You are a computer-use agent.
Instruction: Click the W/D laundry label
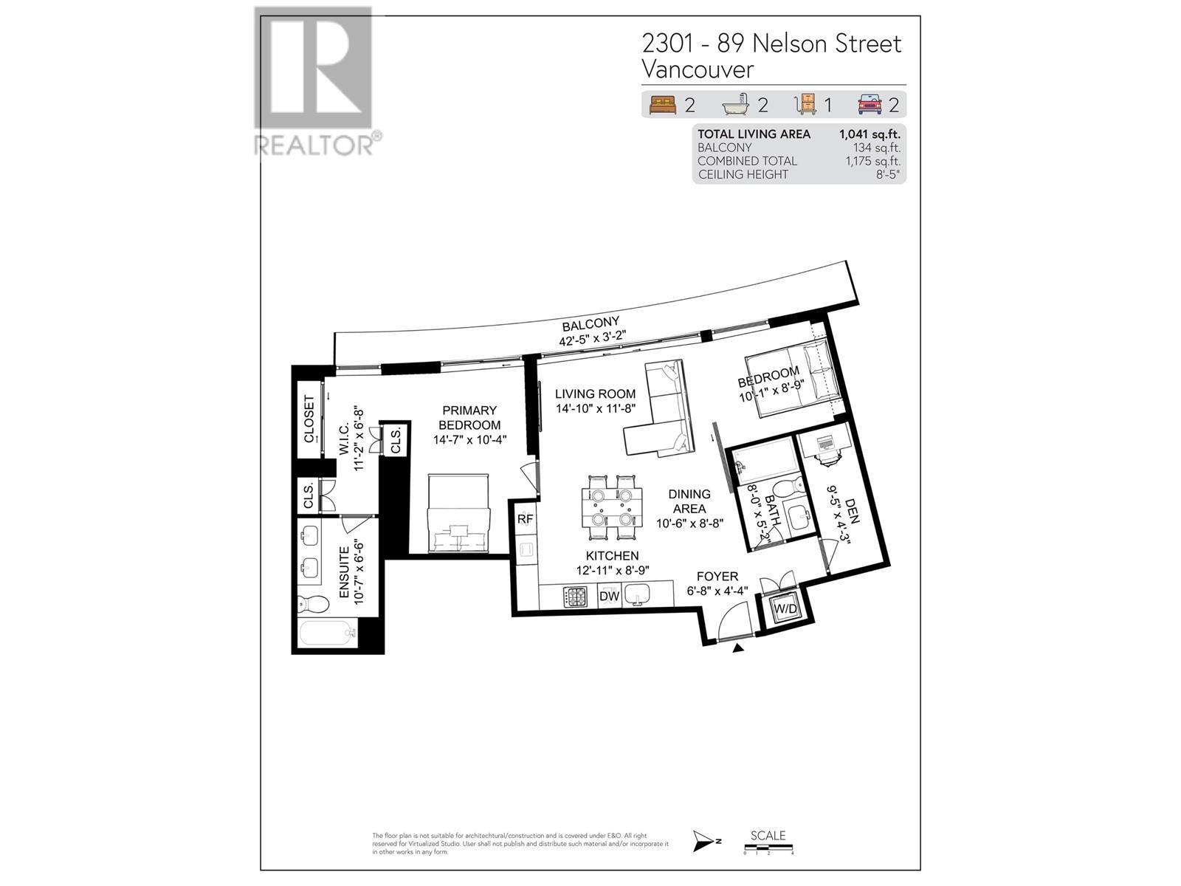(x=785, y=609)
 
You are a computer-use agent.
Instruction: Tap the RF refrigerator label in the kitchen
(x=525, y=519)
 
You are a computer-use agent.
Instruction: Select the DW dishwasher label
(x=609, y=596)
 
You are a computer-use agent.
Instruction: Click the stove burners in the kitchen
(x=575, y=596)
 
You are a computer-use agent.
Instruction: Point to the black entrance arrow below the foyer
(x=738, y=648)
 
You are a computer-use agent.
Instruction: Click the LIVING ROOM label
(x=595, y=394)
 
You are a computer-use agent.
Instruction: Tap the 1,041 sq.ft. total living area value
(x=870, y=134)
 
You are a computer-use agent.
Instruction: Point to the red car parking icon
(x=870, y=105)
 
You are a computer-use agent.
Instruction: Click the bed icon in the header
(x=663, y=105)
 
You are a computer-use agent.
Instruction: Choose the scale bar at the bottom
(x=768, y=847)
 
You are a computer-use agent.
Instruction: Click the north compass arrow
(x=704, y=840)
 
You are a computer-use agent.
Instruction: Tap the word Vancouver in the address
(x=698, y=69)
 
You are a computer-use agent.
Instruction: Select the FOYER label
(x=717, y=577)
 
